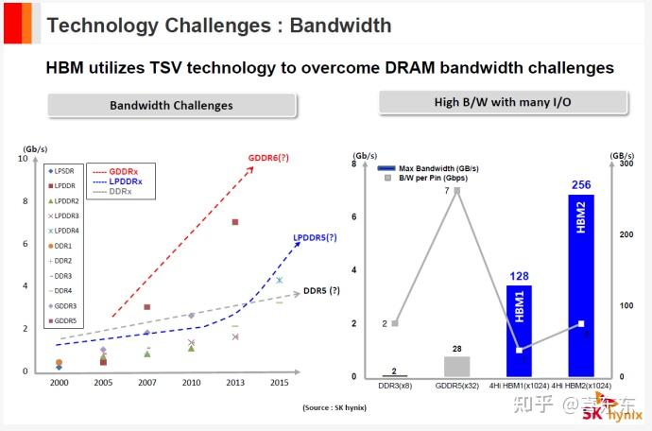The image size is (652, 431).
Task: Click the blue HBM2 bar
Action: coord(580,284)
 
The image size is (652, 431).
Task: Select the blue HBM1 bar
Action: coord(519,331)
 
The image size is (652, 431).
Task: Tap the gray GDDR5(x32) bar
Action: coord(456,366)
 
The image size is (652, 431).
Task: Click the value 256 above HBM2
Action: coord(580,185)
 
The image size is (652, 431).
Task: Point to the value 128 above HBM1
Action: coord(519,275)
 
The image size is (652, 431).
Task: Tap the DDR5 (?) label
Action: coord(321,290)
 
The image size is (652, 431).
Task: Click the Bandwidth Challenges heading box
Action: coord(171,105)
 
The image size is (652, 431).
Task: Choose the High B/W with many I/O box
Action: coord(504,102)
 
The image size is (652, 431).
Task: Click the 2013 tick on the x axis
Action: coord(235,383)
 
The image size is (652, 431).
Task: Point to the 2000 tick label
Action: coord(58,383)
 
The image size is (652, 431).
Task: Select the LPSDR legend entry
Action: coord(63,170)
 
